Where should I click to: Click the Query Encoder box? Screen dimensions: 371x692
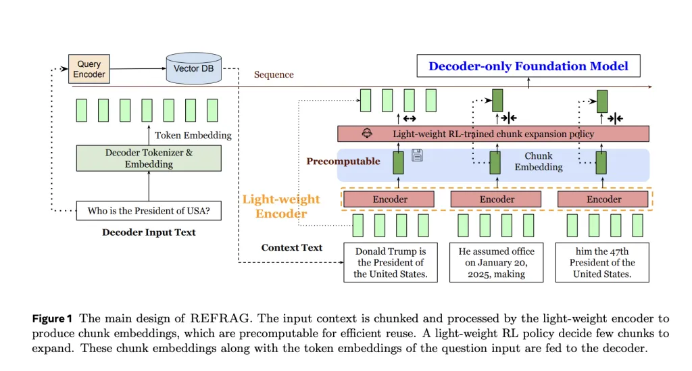[89, 69]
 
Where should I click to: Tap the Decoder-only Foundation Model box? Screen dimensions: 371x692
[528, 66]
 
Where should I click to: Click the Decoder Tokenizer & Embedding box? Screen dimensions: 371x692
[149, 158]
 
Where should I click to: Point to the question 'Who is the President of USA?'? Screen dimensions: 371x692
[149, 211]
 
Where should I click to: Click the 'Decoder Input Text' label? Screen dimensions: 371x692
[149, 232]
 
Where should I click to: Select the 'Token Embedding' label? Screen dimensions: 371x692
[193, 135]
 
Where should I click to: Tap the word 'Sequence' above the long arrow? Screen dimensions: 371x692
[274, 74]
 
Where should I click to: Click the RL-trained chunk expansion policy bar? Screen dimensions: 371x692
[493, 134]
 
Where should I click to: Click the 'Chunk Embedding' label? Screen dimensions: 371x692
[538, 162]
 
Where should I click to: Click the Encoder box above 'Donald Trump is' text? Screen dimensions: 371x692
[390, 199]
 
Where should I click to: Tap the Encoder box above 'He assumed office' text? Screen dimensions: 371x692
[497, 199]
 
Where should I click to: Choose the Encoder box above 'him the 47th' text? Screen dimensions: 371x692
[603, 199]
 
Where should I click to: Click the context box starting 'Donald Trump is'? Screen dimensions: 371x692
[390, 262]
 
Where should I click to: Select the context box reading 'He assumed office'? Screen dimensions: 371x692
[497, 262]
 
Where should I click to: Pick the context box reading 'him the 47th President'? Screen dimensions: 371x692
[602, 262]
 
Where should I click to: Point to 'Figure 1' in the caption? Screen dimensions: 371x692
[54, 318]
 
